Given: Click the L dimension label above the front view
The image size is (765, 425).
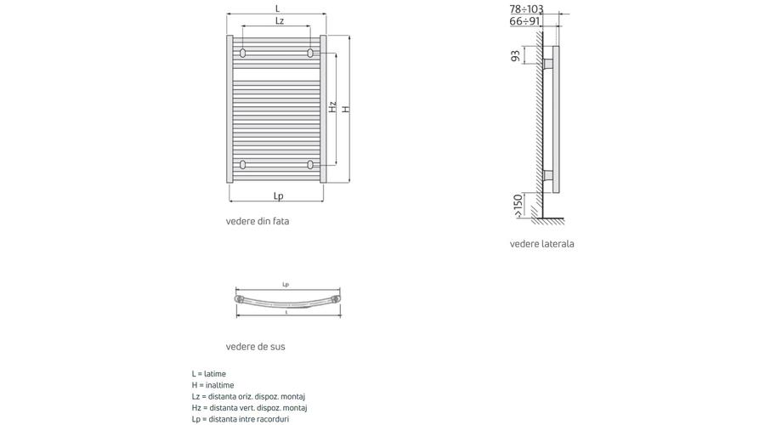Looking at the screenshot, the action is click(x=278, y=8).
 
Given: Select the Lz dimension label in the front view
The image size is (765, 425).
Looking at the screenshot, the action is click(x=280, y=21).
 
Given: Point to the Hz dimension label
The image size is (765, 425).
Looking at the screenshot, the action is click(x=332, y=107).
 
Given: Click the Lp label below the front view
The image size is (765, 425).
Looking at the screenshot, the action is click(x=278, y=195).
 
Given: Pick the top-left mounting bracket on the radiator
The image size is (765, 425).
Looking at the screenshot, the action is click(x=242, y=53).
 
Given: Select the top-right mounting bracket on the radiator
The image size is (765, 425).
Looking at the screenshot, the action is click(x=309, y=53).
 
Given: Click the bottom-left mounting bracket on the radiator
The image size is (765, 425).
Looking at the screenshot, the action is click(x=242, y=164).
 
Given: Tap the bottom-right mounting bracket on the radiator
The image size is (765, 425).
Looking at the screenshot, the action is click(x=309, y=164).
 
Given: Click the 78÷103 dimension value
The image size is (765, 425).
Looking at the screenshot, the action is click(x=526, y=9).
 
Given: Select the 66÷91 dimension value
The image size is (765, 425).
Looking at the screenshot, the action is click(x=525, y=21).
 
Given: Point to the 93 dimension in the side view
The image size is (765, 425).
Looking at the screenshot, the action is click(x=515, y=55).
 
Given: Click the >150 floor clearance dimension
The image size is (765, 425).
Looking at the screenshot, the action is click(x=518, y=206).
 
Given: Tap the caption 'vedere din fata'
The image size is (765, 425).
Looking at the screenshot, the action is click(x=257, y=221).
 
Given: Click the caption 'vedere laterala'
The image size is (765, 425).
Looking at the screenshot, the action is click(x=541, y=243).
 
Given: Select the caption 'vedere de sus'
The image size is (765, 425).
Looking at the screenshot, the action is click(x=255, y=347).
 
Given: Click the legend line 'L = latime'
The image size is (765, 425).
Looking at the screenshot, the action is click(x=209, y=374).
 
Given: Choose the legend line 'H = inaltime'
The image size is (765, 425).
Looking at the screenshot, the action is click(x=212, y=385).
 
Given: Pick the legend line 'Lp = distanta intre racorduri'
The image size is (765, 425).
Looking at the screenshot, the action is click(x=240, y=419).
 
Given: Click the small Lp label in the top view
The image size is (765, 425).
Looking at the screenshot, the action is click(x=286, y=285).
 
